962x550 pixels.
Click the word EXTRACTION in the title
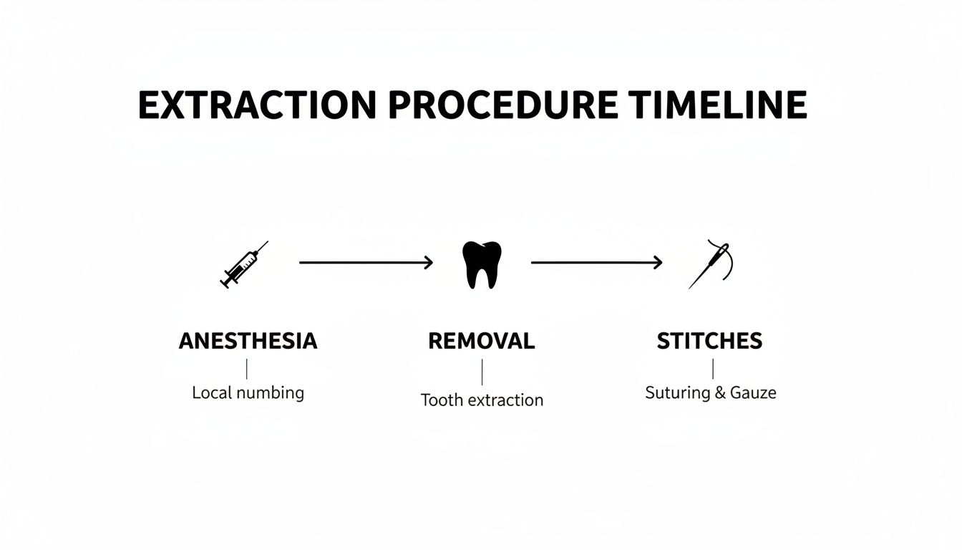point(257,106)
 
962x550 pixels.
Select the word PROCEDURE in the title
point(502,106)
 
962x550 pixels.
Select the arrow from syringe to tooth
point(366,263)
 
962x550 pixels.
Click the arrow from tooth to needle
point(596,263)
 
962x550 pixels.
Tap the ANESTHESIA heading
point(248,342)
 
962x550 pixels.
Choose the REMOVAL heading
point(482,342)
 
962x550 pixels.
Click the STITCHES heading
point(710,342)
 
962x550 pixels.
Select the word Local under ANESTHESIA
point(213,392)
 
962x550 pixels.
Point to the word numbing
point(271,393)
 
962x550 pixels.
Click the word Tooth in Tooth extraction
point(441,400)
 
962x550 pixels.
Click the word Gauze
point(753,392)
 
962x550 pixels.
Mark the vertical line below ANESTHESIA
point(247,369)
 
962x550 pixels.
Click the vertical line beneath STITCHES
point(713,369)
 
